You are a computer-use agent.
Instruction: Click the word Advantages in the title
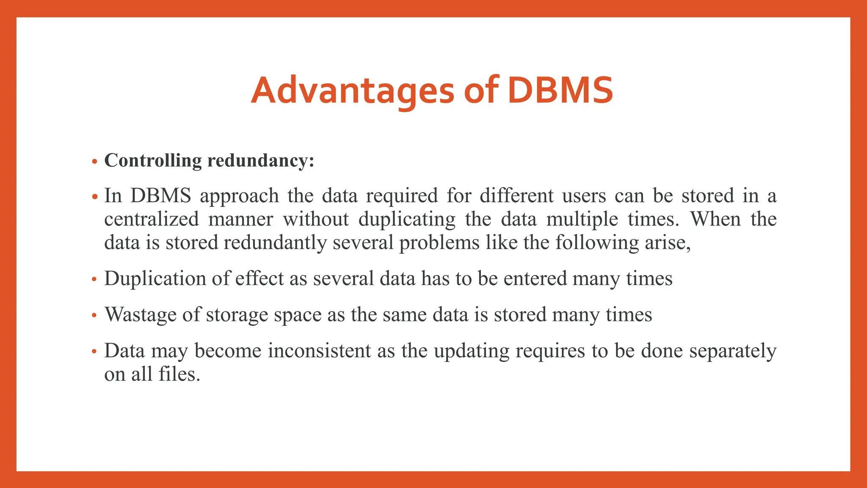[353, 91]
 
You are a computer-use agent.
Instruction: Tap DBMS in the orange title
[560, 91]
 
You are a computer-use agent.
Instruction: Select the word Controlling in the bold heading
[153, 161]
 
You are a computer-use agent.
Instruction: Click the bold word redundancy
[260, 161]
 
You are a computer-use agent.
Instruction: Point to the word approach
[239, 196]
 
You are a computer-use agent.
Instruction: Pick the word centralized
[152, 219]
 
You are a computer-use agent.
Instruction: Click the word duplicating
[407, 219]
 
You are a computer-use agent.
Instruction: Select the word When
[715, 219]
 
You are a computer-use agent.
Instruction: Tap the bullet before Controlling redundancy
[94, 161]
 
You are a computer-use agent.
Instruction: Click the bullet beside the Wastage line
[94, 316]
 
